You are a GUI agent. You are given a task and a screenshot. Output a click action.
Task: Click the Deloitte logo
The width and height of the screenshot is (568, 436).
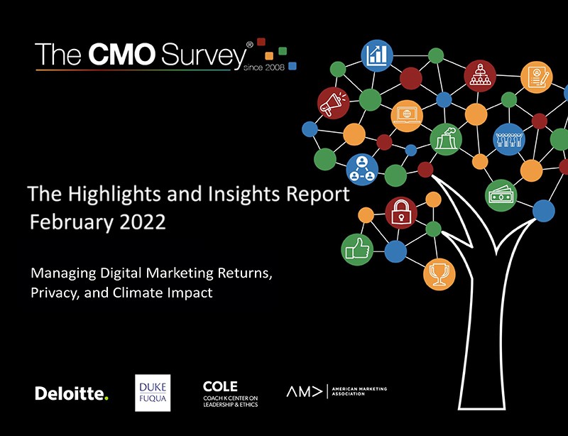tap(72, 393)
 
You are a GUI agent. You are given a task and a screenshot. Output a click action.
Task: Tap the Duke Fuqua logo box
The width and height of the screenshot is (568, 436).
tap(153, 393)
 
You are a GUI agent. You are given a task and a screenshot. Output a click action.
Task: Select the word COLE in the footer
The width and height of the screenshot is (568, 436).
tap(220, 386)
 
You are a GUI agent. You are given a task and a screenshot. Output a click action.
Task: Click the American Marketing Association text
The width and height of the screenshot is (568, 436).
tap(359, 391)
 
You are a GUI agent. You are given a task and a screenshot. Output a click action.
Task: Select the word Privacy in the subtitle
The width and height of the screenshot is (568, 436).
tap(55, 293)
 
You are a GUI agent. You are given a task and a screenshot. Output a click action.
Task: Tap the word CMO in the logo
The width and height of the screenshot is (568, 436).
tap(122, 55)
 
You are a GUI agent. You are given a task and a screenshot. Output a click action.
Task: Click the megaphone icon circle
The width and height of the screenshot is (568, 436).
tap(333, 103)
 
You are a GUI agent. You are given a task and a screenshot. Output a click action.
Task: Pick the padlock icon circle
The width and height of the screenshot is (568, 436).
tap(401, 213)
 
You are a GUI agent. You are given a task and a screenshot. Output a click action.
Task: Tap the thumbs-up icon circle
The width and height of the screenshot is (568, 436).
tap(357, 249)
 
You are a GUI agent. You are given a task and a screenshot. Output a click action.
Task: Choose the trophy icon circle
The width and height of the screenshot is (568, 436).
tap(439, 274)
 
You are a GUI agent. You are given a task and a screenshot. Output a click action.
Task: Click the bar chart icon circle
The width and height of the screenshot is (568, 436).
tap(377, 55)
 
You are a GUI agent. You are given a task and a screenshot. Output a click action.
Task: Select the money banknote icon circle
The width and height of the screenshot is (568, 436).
tap(501, 195)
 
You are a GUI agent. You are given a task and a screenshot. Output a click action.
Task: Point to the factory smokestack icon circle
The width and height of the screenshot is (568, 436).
tap(446, 139)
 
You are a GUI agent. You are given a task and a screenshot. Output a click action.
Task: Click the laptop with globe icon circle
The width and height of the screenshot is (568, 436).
tap(407, 116)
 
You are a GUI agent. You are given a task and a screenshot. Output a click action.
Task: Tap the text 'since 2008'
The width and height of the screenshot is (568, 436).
tap(264, 67)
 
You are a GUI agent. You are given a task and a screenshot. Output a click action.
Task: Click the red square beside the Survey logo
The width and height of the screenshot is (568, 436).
tap(261, 42)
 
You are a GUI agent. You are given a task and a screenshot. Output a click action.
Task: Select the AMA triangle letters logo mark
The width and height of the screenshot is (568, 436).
tap(304, 391)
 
